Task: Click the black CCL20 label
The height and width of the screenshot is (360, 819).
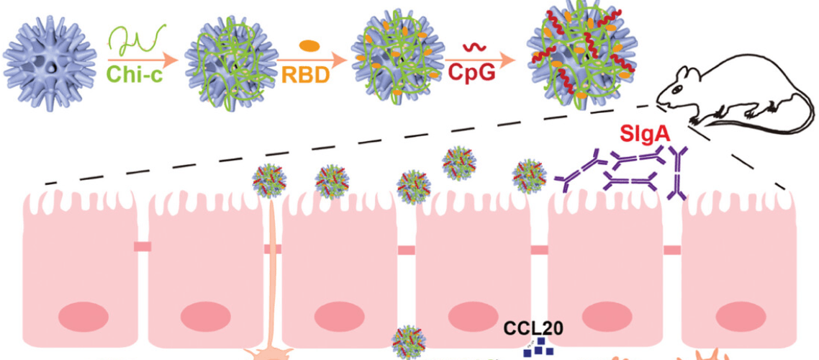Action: pyautogui.click(x=530, y=328)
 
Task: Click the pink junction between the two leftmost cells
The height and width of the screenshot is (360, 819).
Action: pyautogui.click(x=142, y=247)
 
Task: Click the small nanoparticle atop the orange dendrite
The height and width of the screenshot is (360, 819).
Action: pyautogui.click(x=269, y=181)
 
